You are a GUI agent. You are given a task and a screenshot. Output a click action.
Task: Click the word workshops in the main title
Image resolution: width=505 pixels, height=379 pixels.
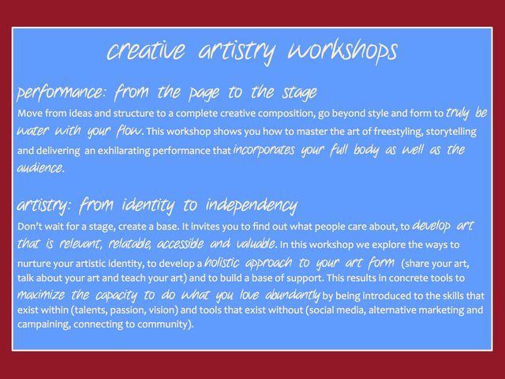342,51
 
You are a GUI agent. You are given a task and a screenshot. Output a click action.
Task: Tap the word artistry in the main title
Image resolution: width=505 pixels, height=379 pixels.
237,52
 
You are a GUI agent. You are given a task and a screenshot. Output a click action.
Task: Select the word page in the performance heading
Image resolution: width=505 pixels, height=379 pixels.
204,93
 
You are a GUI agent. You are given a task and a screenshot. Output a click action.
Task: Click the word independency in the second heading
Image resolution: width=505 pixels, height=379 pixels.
252,205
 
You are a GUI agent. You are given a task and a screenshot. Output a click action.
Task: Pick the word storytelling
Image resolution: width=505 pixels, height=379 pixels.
451,132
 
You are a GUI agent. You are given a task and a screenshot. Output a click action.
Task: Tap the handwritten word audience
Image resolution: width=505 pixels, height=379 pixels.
40,167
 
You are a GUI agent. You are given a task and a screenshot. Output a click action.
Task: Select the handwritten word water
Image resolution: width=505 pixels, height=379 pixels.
32,131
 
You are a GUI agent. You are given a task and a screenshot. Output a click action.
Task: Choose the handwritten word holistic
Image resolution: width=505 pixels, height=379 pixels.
222,262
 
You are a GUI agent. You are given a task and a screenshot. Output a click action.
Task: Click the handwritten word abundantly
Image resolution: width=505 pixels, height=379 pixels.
293,295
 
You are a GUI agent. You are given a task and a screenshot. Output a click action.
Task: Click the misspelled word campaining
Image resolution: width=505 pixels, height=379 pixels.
43,325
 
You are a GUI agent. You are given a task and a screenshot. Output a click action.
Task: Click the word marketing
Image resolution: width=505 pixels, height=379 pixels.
441,310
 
